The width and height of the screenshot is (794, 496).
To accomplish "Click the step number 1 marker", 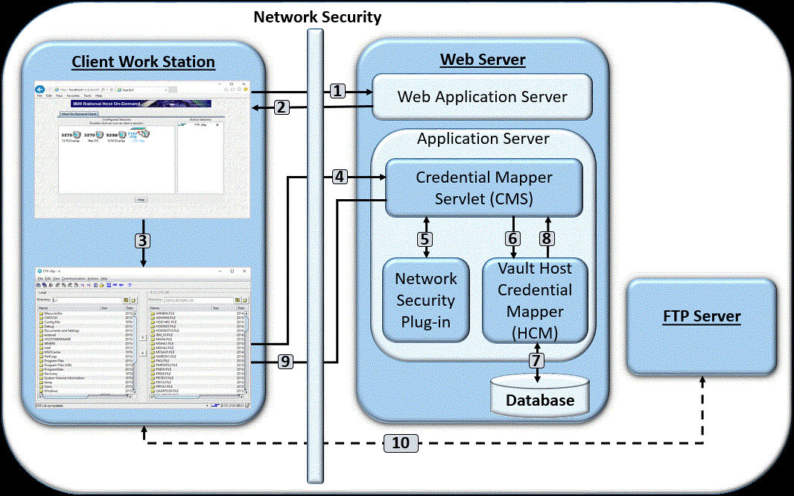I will tap(338, 91).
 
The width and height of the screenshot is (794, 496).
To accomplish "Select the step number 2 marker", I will tap(281, 107).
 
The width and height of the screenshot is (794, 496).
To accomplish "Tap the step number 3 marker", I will tap(143, 240).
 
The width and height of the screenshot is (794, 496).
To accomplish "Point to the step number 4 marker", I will tap(338, 177).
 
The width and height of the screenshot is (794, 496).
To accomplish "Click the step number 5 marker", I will tap(425, 239).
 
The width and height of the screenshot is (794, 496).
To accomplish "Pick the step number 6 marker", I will tap(512, 239).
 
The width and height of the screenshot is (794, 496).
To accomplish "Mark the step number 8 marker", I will tap(547, 239).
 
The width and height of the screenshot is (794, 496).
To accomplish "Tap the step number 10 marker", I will tap(401, 443).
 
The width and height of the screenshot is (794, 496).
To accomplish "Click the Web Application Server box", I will tap(482, 97).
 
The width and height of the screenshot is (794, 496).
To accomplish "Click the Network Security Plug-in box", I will tap(425, 300).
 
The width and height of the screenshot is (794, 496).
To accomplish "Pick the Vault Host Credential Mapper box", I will tap(535, 300).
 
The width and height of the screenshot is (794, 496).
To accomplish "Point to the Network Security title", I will tap(317, 16).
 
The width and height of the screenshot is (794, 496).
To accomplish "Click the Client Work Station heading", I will tap(143, 62).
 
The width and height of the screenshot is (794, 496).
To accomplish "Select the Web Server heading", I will tap(483, 60).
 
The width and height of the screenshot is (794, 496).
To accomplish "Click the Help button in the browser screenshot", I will tap(141, 200).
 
